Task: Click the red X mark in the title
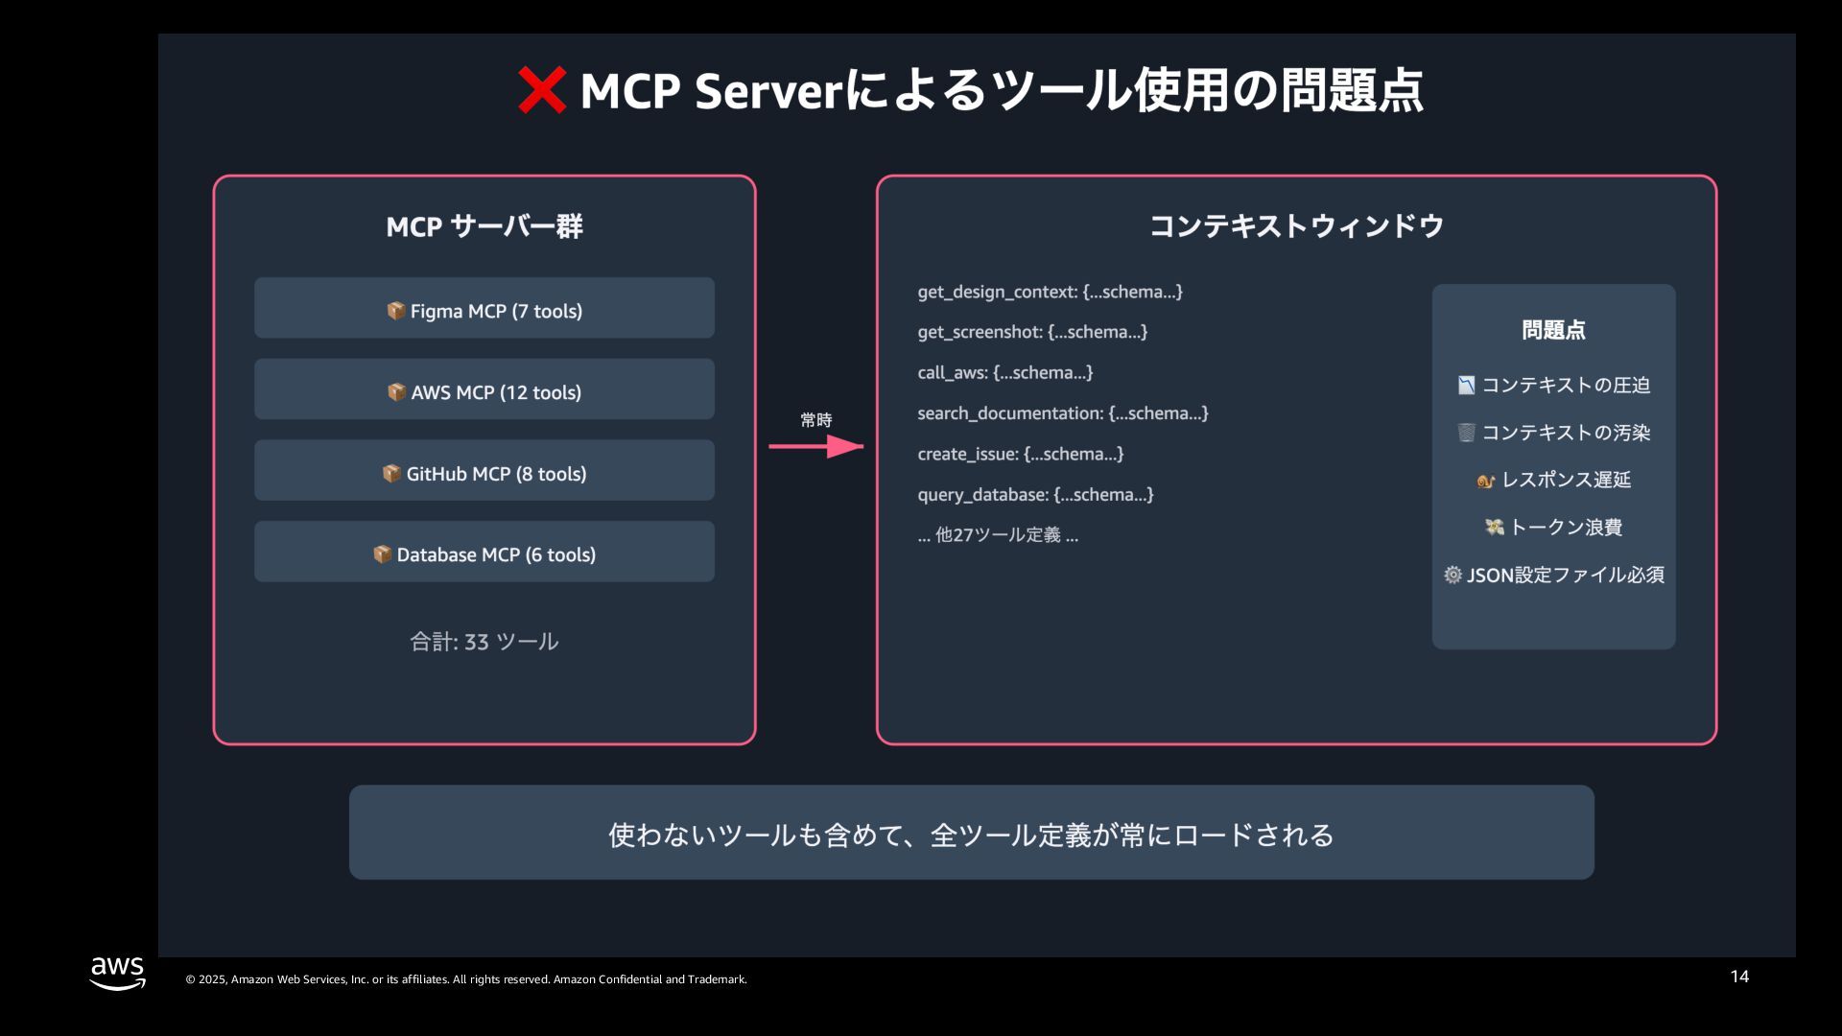pos(542,91)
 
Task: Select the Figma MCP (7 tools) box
pos(484,308)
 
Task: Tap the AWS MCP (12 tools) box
pos(484,389)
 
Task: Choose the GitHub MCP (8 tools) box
pos(484,470)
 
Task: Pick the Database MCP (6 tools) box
pos(484,552)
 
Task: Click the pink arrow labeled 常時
pos(816,446)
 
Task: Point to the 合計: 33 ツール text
pos(484,642)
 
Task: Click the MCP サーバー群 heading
pos(484,226)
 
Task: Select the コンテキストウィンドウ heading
pos(1296,226)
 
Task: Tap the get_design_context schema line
pos(1050,292)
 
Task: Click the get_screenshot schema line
pos(1032,332)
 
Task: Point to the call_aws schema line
pos(1004,372)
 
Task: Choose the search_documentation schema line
pos(1062,413)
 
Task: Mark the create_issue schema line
pos(1020,454)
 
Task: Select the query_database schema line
pos(1035,495)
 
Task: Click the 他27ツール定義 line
pos(998,535)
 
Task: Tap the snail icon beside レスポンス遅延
pos(1486,481)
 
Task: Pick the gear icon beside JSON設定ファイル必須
pos(1452,575)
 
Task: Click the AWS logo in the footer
pos(117,972)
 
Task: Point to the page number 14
pos(1739,977)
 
